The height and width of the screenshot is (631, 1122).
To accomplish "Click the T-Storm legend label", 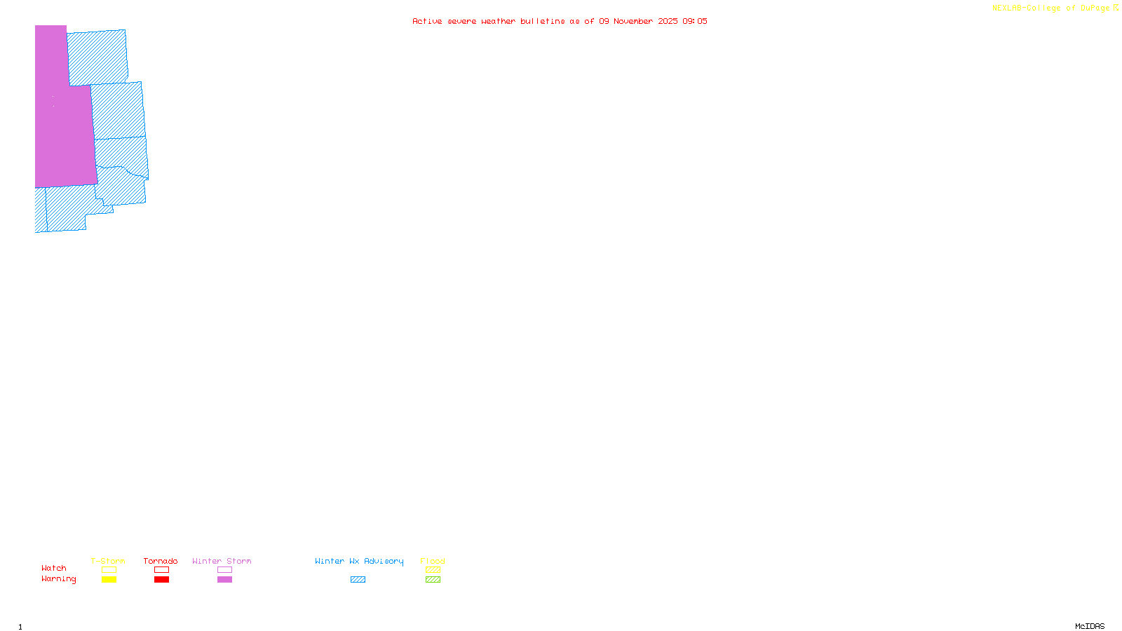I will coord(108,561).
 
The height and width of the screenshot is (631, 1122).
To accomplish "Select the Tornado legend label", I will coord(161,561).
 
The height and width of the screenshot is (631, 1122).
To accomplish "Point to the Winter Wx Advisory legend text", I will coord(359,561).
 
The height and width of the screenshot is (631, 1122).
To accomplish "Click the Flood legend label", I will coord(433,561).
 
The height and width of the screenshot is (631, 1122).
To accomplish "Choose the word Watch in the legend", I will coord(54,569).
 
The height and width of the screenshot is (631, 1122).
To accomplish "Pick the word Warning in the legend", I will coord(59,579).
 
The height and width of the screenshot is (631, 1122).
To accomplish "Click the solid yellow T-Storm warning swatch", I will coord(109,580).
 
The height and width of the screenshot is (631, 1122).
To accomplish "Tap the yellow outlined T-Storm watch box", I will coord(109,570).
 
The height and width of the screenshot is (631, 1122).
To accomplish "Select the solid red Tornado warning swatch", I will coord(161,580).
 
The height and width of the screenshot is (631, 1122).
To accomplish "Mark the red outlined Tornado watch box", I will coord(161,570).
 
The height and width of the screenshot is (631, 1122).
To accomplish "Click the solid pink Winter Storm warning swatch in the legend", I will coord(224,580).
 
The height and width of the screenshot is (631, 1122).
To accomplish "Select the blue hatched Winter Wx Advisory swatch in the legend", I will coord(358,580).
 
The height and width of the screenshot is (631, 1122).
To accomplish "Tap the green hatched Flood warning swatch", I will coord(433,580).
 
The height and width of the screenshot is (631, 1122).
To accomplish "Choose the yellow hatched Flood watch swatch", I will coord(433,570).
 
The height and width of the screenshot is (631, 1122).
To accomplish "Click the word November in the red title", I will coord(633,22).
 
